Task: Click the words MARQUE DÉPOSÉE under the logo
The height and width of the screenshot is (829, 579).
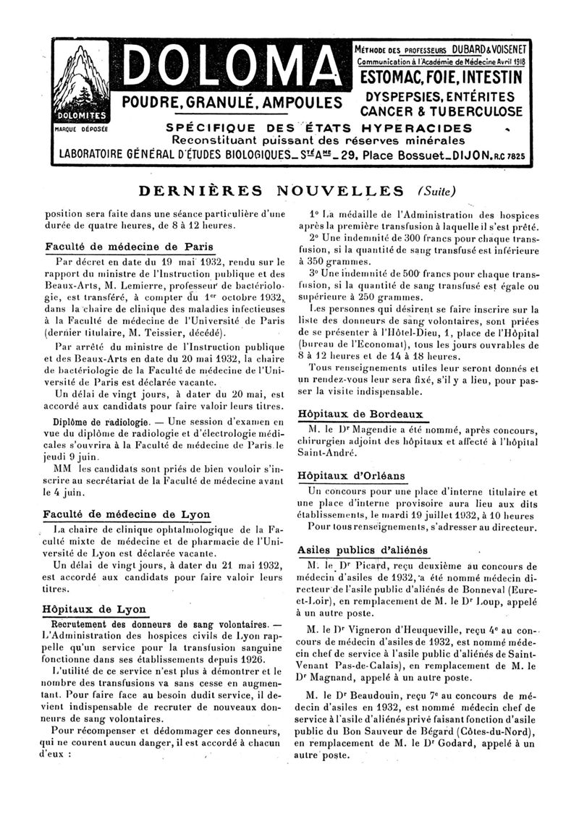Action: (80, 130)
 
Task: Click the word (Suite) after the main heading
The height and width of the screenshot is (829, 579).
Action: (436, 192)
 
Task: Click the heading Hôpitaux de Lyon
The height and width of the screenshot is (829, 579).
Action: (94, 608)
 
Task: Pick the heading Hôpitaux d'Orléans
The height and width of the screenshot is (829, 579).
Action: (352, 475)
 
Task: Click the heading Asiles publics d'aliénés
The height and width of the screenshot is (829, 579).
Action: (363, 550)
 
